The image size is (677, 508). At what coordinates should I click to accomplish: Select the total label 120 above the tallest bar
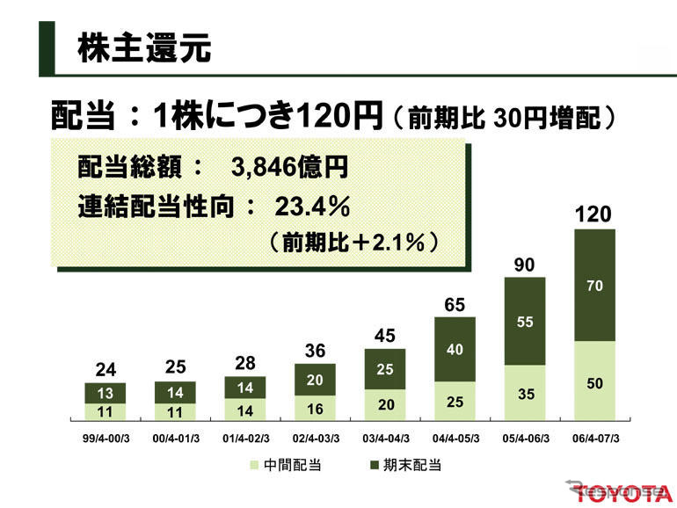tap(593, 214)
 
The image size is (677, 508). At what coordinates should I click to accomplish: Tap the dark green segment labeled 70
tap(594, 285)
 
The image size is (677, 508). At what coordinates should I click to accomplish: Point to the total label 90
tap(525, 264)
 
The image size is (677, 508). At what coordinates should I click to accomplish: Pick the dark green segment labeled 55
tap(525, 322)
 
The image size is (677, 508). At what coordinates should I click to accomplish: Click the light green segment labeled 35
tap(525, 394)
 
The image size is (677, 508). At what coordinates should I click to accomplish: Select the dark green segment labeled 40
tap(455, 350)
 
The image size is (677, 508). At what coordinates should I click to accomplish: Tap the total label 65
tap(455, 305)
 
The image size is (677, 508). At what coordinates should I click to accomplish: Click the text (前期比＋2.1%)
tap(354, 243)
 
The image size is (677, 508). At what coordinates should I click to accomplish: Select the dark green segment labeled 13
tap(105, 393)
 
